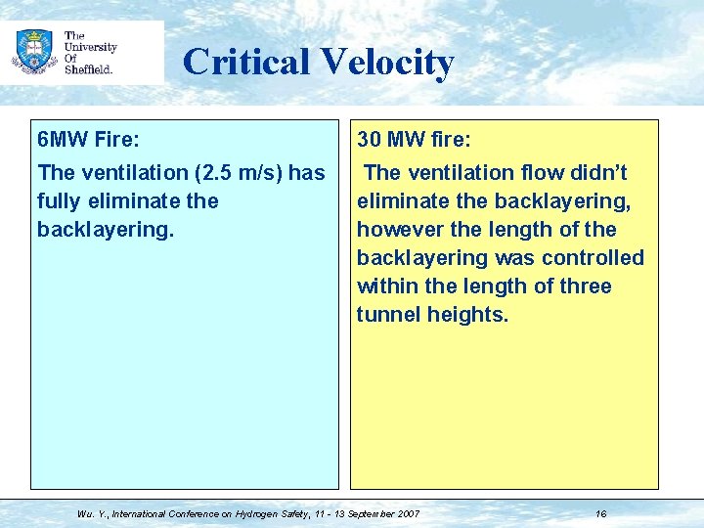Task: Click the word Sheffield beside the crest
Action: pos(89,69)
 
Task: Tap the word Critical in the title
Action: pos(244,62)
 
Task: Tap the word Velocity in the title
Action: pos(385,62)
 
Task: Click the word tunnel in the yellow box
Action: pos(388,315)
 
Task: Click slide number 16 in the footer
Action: pos(600,513)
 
